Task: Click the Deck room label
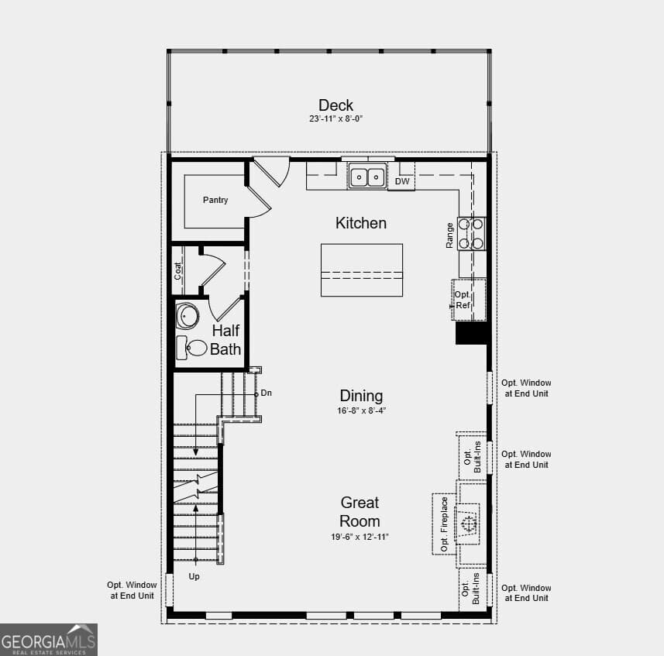click(335, 105)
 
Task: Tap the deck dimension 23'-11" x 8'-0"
click(335, 119)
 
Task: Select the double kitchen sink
click(367, 176)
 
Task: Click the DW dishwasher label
click(402, 181)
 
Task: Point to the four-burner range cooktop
click(471, 234)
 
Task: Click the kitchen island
click(362, 270)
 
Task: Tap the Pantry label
click(215, 200)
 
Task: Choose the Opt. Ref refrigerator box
click(468, 300)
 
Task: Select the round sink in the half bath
click(188, 316)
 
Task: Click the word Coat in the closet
click(177, 271)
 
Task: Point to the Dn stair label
click(266, 393)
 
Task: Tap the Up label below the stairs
click(194, 576)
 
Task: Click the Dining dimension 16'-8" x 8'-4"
click(362, 410)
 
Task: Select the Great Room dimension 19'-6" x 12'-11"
click(360, 537)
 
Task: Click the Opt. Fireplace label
click(444, 524)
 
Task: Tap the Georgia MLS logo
click(49, 640)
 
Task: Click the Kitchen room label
click(361, 223)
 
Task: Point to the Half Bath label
click(225, 340)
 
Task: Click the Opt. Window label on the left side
click(132, 590)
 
